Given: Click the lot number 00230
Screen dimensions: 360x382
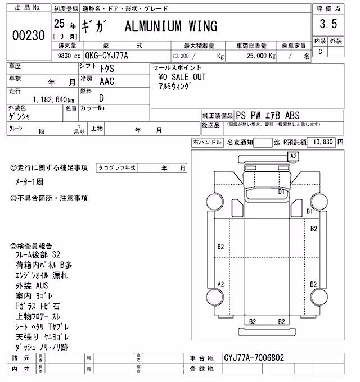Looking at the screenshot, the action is (x=29, y=35).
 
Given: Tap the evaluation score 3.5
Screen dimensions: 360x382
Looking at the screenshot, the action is (x=328, y=24).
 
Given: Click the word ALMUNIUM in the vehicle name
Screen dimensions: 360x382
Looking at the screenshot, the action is (x=153, y=26).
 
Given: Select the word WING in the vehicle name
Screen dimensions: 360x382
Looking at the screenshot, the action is (x=202, y=26).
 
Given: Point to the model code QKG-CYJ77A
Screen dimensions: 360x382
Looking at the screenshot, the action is (x=106, y=56).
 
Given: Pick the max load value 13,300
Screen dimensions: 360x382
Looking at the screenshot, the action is (x=181, y=56).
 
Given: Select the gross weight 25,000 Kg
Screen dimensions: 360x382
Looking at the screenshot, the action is (x=261, y=56).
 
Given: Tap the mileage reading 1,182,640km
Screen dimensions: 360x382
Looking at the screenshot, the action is (x=53, y=99).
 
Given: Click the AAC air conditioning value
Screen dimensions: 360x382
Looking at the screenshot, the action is (x=107, y=81).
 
